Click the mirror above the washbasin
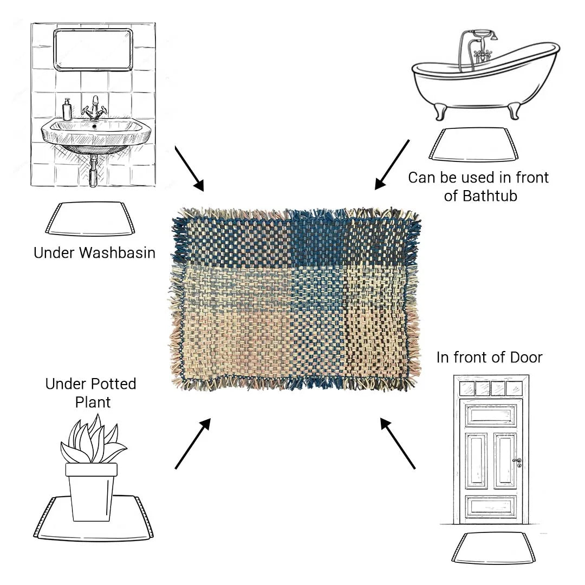(x=93, y=50)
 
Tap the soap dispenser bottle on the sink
(x=67, y=109)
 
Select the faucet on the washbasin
(x=94, y=108)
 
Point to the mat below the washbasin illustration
(x=90, y=219)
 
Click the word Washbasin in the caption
(x=117, y=253)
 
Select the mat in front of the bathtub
(x=473, y=145)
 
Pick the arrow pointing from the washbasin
(x=190, y=168)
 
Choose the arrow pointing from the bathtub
(x=392, y=165)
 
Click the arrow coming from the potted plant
(x=193, y=443)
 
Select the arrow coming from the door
(x=398, y=443)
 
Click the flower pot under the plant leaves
(x=92, y=492)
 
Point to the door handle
(x=517, y=461)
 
